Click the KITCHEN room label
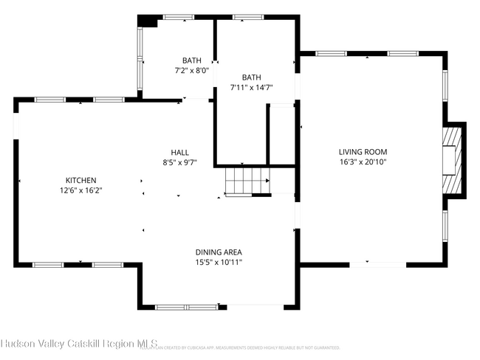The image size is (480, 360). point(80,180)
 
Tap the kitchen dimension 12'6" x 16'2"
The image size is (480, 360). point(80,190)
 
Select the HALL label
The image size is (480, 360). point(180,153)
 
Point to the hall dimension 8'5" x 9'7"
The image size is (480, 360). point(180,162)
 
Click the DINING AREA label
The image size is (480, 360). point(218,252)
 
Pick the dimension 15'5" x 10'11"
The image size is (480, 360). point(218,262)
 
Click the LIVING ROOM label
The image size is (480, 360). point(363,152)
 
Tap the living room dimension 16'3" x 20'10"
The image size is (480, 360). point(363,162)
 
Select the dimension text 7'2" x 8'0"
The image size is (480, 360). point(191,71)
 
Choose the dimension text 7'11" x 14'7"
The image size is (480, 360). point(251,87)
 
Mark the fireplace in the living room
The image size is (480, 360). point(452,159)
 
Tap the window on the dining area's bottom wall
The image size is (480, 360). point(176,306)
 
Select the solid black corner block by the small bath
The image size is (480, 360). point(148,21)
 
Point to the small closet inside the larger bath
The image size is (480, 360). point(281,134)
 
